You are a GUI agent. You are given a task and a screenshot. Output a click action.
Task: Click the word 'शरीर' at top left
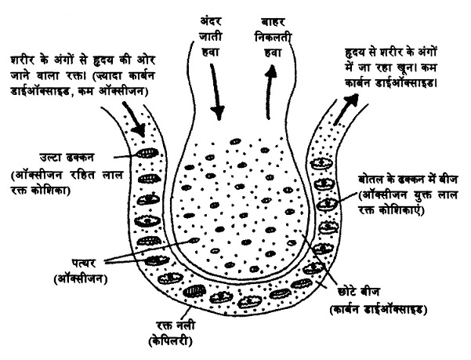pos(24,58)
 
